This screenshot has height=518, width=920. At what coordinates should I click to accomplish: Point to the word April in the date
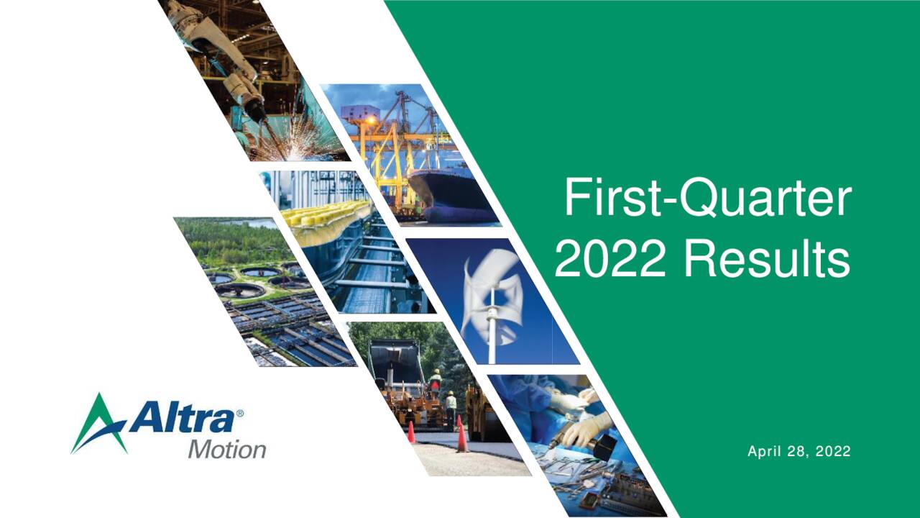764,452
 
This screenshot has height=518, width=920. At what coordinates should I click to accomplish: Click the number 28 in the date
799,452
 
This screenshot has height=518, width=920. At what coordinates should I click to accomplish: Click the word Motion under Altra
226,450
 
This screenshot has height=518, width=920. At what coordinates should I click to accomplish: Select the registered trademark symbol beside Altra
240,414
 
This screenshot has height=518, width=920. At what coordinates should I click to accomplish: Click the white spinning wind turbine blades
491,288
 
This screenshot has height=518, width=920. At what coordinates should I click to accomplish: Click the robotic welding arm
230,65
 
